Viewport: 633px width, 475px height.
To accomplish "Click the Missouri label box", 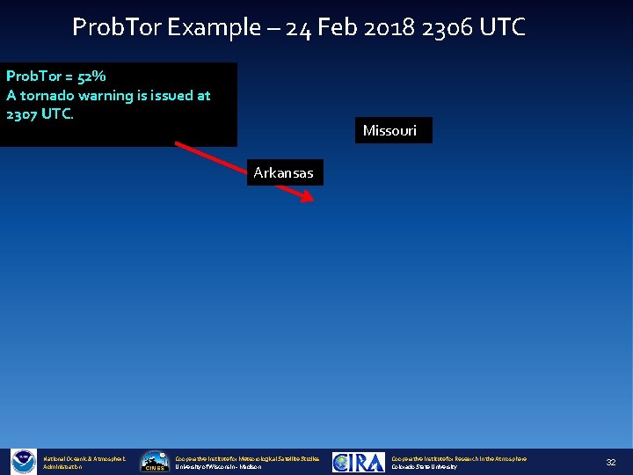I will pos(393,131).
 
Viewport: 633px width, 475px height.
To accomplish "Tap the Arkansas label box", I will pos(283,172).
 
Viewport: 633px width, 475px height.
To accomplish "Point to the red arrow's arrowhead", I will pos(307,198).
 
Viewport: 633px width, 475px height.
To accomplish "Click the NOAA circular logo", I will pos(23,462).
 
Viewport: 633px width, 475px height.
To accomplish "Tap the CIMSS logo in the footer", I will pos(155,462).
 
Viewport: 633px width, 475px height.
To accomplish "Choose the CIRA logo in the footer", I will pos(358,462).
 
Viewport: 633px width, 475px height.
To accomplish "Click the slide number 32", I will pos(610,462).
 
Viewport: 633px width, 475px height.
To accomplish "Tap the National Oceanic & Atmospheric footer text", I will pos(84,458).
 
